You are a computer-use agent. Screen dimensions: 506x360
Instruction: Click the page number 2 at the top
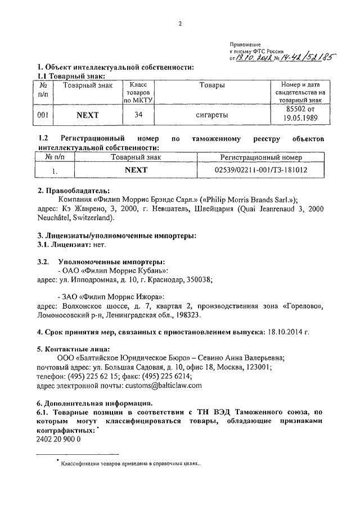[x=181, y=24]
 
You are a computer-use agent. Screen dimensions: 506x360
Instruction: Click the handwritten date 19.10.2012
[x=254, y=57]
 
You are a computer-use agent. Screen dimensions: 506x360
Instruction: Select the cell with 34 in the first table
[x=138, y=115]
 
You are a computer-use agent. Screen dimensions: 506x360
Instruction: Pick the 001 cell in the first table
[x=43, y=115]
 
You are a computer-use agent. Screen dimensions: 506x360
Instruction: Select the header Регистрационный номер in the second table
[x=261, y=157]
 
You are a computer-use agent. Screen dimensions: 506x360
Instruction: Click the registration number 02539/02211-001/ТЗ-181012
[x=261, y=169]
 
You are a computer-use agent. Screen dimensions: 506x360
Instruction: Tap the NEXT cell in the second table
[x=136, y=169]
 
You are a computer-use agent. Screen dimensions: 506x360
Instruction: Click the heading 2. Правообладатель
[x=73, y=191]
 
